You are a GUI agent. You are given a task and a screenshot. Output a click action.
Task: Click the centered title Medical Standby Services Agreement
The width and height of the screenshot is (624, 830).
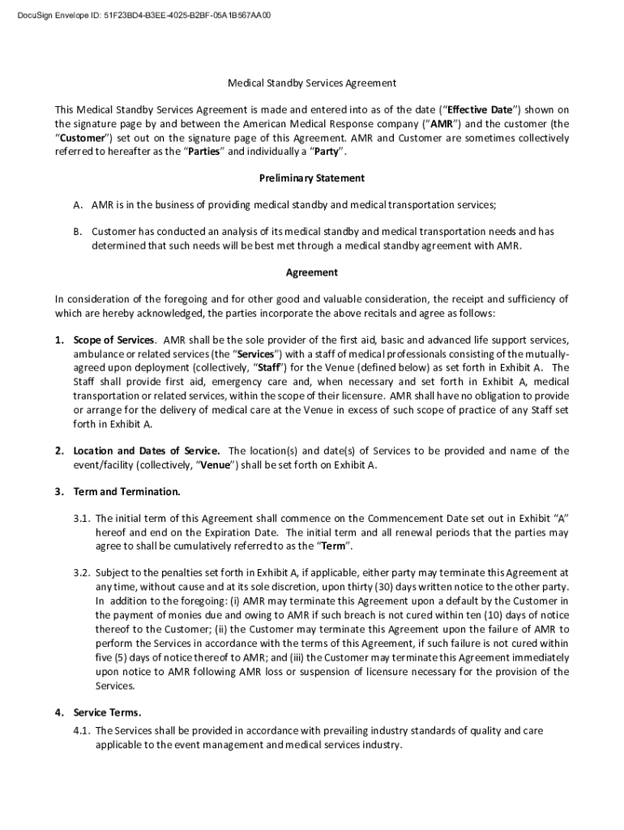point(311,83)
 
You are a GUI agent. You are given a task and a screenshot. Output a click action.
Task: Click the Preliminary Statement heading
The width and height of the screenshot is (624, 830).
point(311,178)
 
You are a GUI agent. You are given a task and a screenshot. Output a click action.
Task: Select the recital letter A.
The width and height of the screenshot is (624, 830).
point(77,206)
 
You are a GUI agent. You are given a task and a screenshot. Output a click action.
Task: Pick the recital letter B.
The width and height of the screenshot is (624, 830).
point(77,232)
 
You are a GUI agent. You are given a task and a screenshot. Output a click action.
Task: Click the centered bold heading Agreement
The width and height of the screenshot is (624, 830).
point(311,273)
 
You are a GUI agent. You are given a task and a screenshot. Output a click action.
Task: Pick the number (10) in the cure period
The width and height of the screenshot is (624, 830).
point(484,614)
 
